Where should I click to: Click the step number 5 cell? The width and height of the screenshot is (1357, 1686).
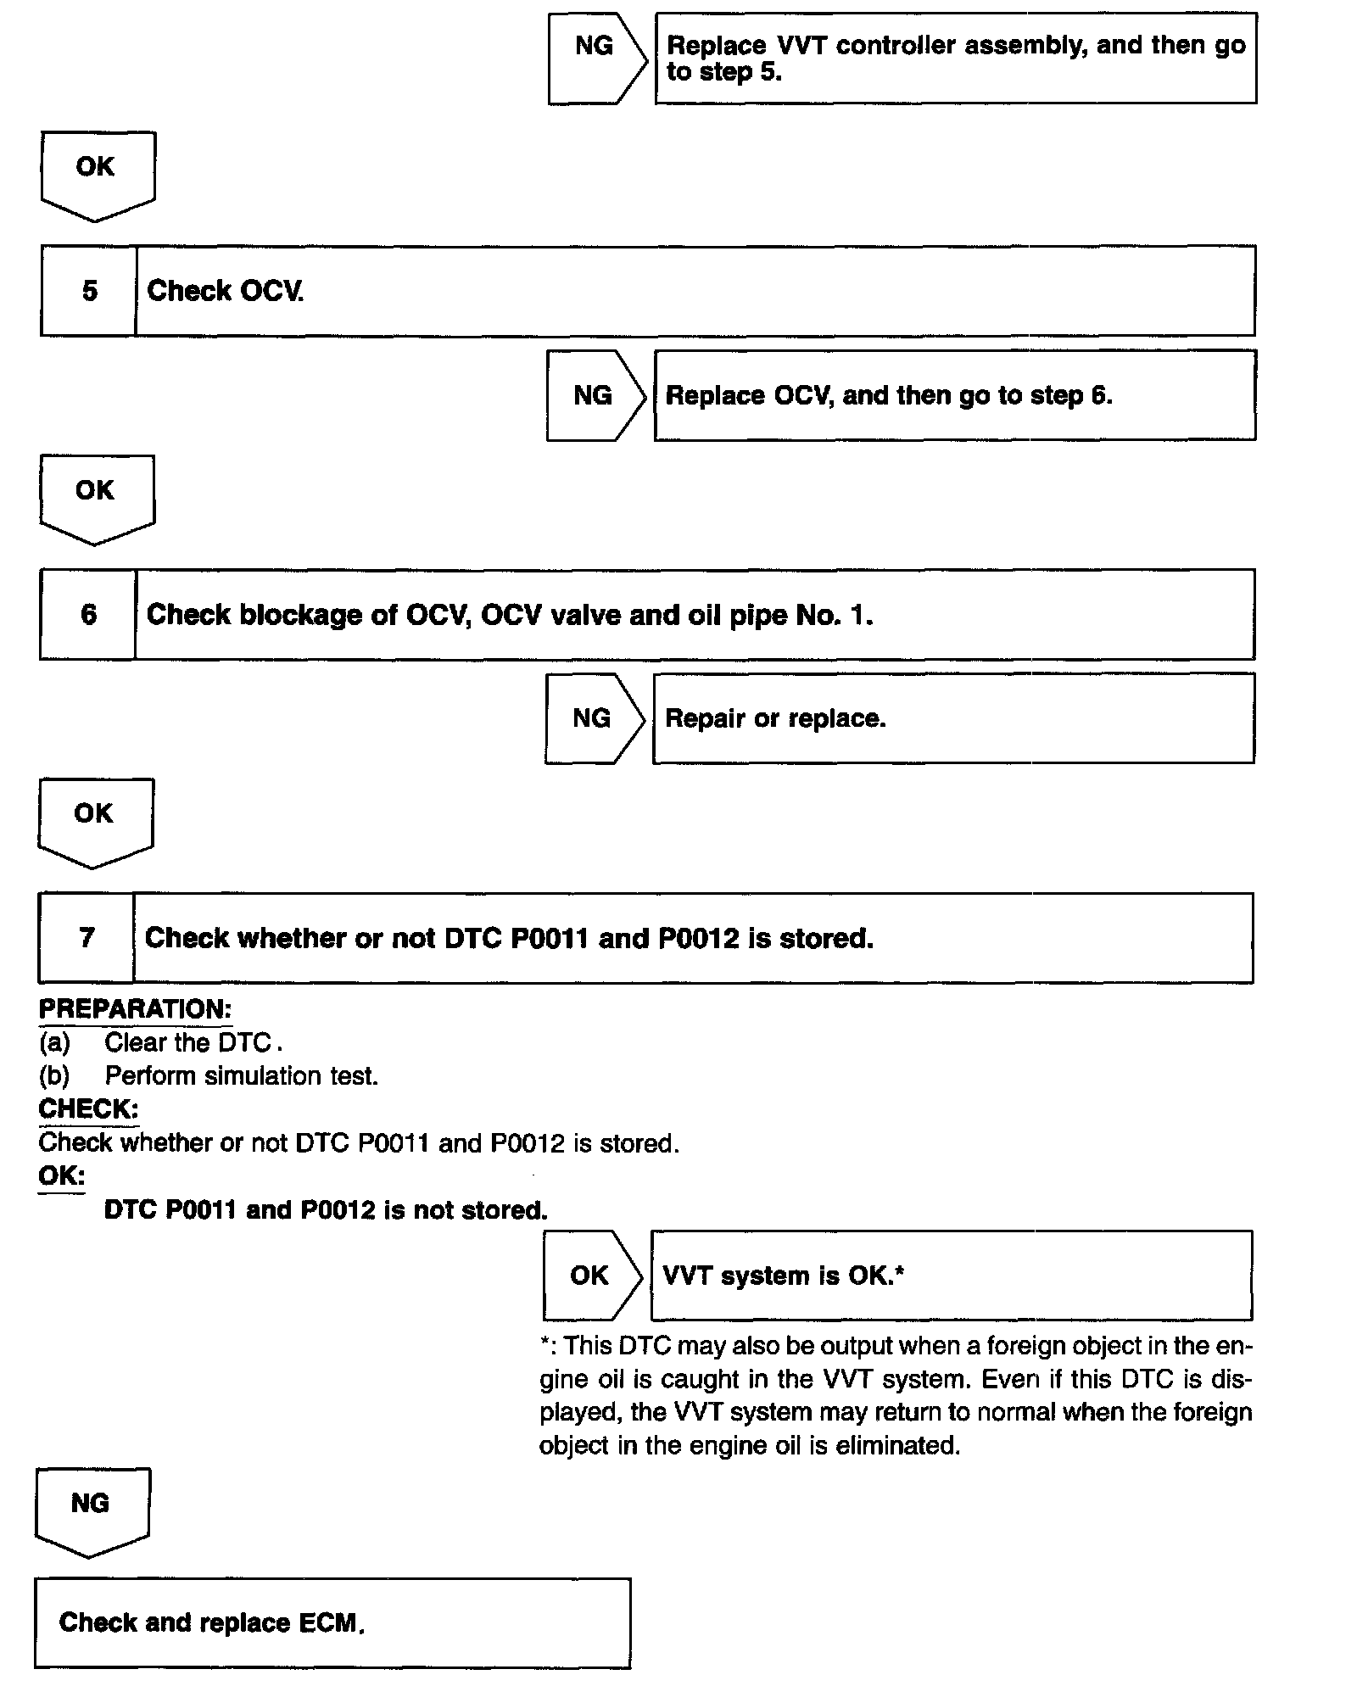(89, 291)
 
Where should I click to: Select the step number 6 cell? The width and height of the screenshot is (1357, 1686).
(88, 614)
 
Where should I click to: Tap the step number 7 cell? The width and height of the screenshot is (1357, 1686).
(87, 937)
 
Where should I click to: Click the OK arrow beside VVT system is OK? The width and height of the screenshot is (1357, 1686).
(590, 1275)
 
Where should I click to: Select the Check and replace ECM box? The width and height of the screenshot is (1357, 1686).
(332, 1622)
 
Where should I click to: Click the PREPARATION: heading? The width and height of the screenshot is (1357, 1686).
(135, 1009)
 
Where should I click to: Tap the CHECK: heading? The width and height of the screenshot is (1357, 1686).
(88, 1108)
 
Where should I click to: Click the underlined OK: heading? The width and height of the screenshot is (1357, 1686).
(61, 1176)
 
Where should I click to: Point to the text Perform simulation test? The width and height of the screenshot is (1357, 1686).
(241, 1075)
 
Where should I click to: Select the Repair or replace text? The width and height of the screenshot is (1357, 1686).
(775, 718)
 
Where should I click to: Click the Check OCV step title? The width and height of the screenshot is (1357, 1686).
(226, 291)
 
